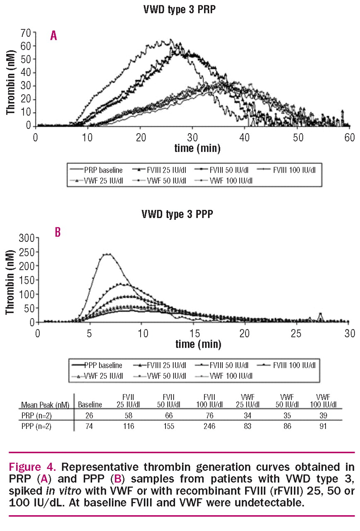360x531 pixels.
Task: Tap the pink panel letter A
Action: click(54, 36)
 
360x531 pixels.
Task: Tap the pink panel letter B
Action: click(58, 232)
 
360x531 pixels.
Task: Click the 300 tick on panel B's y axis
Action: click(25, 237)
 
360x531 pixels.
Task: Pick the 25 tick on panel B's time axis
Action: click(298, 333)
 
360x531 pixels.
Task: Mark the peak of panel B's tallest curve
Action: click(108, 254)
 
